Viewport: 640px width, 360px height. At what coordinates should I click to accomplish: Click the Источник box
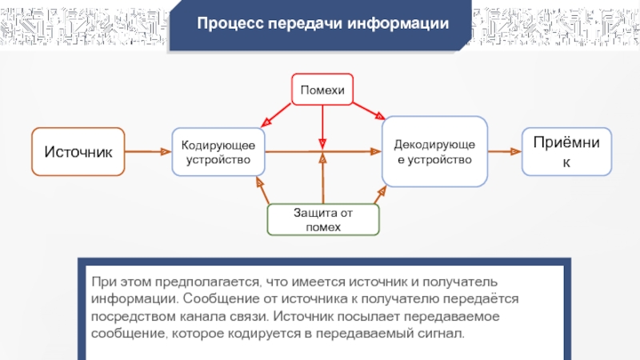coord(78,151)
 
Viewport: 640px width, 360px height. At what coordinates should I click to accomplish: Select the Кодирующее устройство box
coord(218,152)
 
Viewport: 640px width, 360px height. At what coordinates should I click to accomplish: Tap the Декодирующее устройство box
coord(434,151)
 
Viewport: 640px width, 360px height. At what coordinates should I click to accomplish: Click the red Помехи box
coord(322,90)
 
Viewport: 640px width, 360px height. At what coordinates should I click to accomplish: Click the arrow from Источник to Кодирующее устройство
coord(149,151)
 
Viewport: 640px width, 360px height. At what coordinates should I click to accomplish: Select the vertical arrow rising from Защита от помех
coord(322,180)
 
